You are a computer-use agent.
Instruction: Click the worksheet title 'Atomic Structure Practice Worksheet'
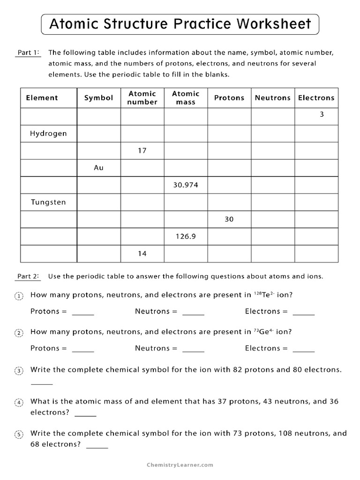pos(180,24)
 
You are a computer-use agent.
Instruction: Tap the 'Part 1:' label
pos(28,53)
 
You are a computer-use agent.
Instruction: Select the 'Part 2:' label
pos(28,276)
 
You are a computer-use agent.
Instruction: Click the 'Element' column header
pos(42,98)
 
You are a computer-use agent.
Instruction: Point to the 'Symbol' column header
pos(98,98)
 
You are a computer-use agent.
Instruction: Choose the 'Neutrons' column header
pos(273,98)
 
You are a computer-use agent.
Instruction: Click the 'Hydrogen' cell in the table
pos(48,134)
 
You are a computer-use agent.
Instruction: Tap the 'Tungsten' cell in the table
pos(48,202)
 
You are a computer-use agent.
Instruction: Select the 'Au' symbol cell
pos(98,168)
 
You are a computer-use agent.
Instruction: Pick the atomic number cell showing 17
pos(142,151)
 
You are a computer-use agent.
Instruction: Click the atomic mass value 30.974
pos(186,185)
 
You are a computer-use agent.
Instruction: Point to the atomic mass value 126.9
pos(186,237)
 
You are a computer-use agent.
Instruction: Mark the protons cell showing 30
pos(229,219)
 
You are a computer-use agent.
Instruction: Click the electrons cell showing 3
pos(322,114)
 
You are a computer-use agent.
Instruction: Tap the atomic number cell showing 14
pos(142,254)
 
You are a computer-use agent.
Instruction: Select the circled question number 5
pos(19,435)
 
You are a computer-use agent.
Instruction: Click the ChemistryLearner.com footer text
pos(180,465)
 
